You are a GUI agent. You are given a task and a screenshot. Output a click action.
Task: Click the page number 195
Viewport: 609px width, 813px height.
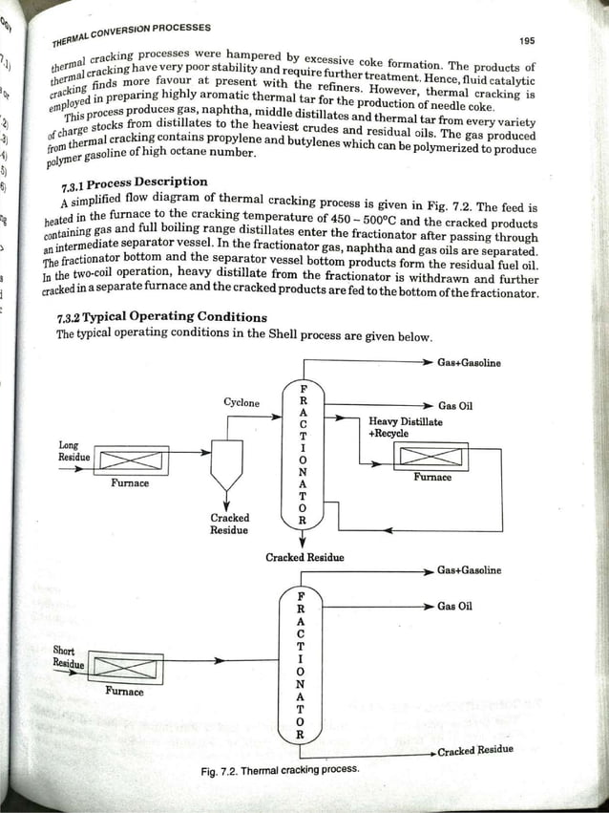coord(527,42)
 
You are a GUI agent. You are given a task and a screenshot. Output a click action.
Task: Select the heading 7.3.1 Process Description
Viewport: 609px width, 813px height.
coord(134,182)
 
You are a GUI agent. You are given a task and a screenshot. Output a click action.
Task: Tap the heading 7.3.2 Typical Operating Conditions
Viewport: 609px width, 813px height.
coord(162,317)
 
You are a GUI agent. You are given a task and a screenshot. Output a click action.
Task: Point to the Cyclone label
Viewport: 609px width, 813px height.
coord(241,403)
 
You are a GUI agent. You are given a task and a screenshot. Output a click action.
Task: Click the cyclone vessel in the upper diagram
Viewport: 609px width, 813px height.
coord(227,465)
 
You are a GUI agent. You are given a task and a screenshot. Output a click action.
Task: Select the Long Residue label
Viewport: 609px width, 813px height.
coord(71,451)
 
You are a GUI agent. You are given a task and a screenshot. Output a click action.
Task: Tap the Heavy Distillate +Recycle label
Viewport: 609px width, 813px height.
coord(405,427)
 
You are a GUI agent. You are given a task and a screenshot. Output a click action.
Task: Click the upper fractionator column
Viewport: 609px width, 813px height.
coord(303,455)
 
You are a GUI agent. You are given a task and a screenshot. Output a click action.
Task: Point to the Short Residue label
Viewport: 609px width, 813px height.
coord(68,656)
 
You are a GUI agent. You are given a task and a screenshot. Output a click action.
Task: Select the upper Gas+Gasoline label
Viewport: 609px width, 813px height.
coord(469,363)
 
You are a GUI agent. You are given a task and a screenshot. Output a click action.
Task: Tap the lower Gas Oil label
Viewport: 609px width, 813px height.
coord(455,607)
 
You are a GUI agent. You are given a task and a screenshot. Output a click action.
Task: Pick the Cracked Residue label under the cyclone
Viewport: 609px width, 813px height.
coord(229,524)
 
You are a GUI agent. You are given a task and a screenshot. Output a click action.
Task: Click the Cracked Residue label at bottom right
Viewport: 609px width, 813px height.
coord(475,750)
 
